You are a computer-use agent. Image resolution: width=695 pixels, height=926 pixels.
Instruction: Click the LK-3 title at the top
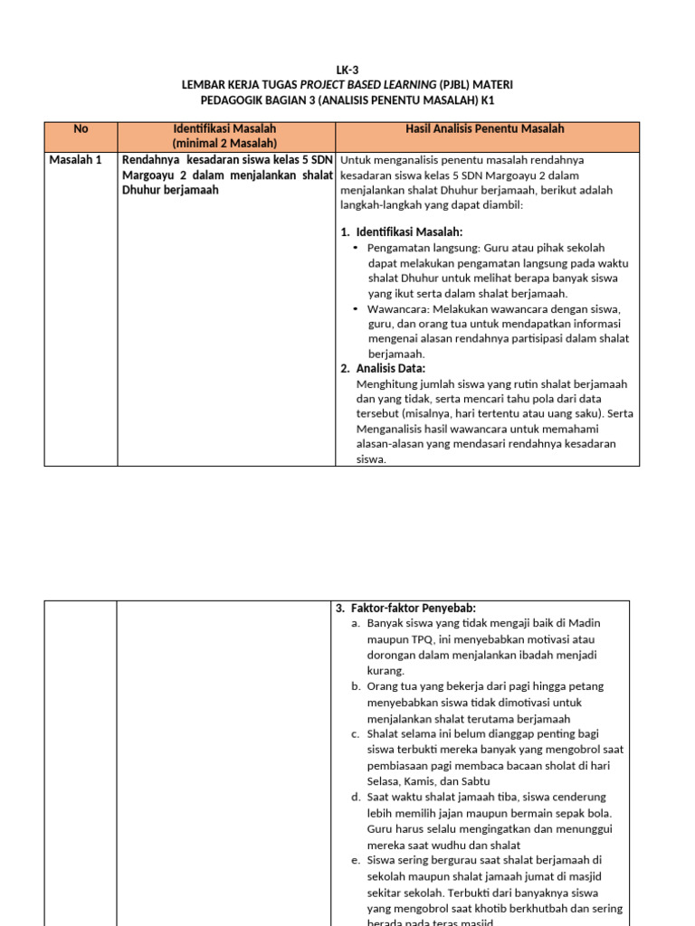click(x=348, y=69)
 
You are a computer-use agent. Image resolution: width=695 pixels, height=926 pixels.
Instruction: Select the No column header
click(x=81, y=129)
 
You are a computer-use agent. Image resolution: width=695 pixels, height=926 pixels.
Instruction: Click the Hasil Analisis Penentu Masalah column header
click(x=484, y=129)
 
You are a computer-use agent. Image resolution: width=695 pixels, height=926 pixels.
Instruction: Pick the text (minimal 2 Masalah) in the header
click(x=224, y=144)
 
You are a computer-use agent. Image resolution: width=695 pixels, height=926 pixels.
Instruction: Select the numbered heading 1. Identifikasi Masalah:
click(x=402, y=232)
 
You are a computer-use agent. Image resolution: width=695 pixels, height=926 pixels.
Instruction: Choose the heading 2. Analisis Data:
click(x=383, y=369)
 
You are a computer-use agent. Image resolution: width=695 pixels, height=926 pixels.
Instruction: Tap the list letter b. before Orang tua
click(x=357, y=686)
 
